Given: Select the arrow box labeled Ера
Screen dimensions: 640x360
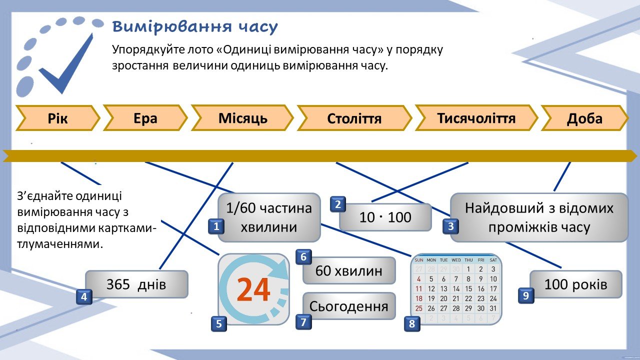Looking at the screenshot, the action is pos(145,118).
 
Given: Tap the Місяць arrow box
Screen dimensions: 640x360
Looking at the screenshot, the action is pos(242,118).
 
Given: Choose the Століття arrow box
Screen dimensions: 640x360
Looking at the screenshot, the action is pos(354,118).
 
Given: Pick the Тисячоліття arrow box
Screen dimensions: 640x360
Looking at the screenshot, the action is pos(476,118).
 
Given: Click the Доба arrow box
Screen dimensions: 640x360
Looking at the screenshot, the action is pos(584,118).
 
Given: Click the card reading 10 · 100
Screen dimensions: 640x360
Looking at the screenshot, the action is pos(385,217).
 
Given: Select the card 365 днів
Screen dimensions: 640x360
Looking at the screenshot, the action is pos(136,284).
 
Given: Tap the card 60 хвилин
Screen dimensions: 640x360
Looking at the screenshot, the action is pos(349,270).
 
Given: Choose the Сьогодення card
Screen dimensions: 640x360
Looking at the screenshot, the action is pos(349,306).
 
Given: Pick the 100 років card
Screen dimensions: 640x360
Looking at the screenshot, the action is pos(575,284).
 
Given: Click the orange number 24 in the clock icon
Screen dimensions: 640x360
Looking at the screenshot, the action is pos(253,290).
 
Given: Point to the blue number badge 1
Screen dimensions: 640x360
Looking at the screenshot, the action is pos(216,226).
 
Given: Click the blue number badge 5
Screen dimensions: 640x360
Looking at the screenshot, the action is pos(219,323).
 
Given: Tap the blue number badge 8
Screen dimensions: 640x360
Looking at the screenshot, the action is pos(412,323).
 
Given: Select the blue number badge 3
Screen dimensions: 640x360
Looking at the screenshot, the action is pos(451,226).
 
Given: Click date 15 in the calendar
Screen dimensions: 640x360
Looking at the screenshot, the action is pos(468,289).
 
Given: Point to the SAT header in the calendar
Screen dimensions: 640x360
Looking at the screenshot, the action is pos(493,260).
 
